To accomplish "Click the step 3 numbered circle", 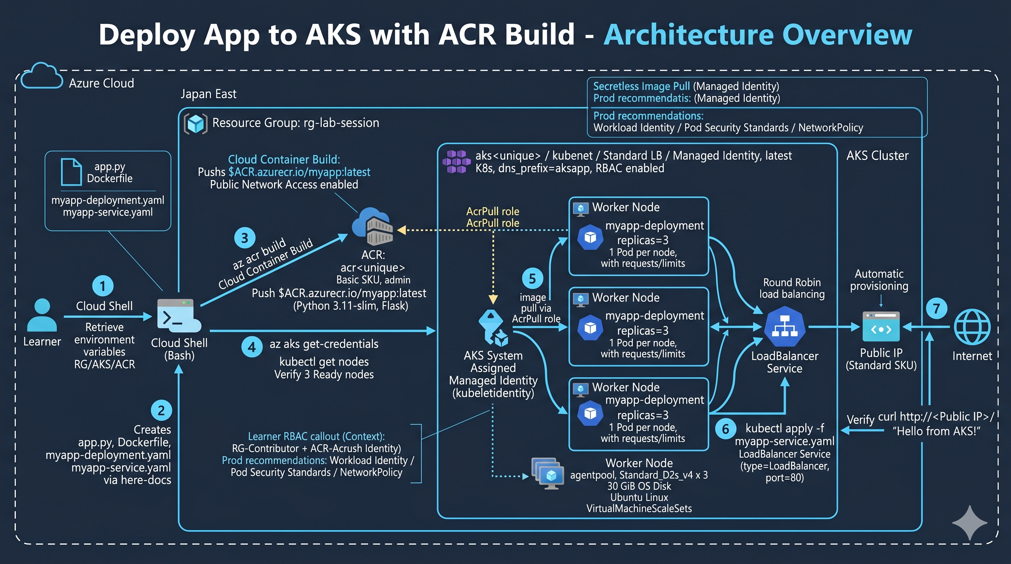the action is tap(245, 238).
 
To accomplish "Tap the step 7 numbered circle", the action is tap(936, 308).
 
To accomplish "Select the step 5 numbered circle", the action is tap(532, 278).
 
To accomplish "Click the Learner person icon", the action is tap(42, 315).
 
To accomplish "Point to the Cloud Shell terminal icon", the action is tap(179, 316).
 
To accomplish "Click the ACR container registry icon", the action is tap(373, 226).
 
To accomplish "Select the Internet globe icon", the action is tap(972, 327).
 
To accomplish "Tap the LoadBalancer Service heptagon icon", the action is tap(785, 327).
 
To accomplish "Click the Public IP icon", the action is tap(881, 326).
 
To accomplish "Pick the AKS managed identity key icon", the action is tap(493, 328).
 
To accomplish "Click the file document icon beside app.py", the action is tap(71, 172).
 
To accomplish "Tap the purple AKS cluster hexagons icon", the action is tap(456, 162).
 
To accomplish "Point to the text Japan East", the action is tap(208, 94).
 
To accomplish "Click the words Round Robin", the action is tap(792, 282).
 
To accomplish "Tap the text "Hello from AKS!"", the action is tap(936, 431).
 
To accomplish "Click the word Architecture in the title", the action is tap(688, 35).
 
